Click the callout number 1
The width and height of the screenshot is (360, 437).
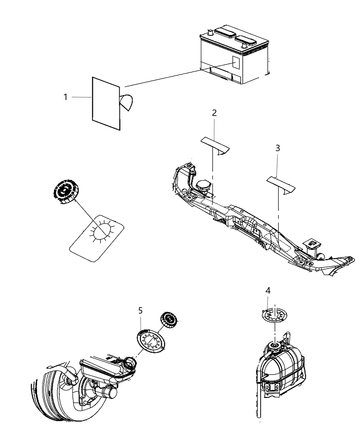pos(65,97)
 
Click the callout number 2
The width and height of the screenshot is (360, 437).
pos(214,113)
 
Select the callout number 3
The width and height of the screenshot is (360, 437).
pos(278,148)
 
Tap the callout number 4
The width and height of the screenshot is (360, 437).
pos(268,291)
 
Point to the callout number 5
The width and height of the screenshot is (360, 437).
pos(141,311)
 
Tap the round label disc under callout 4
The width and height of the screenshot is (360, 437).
pos(275,315)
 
